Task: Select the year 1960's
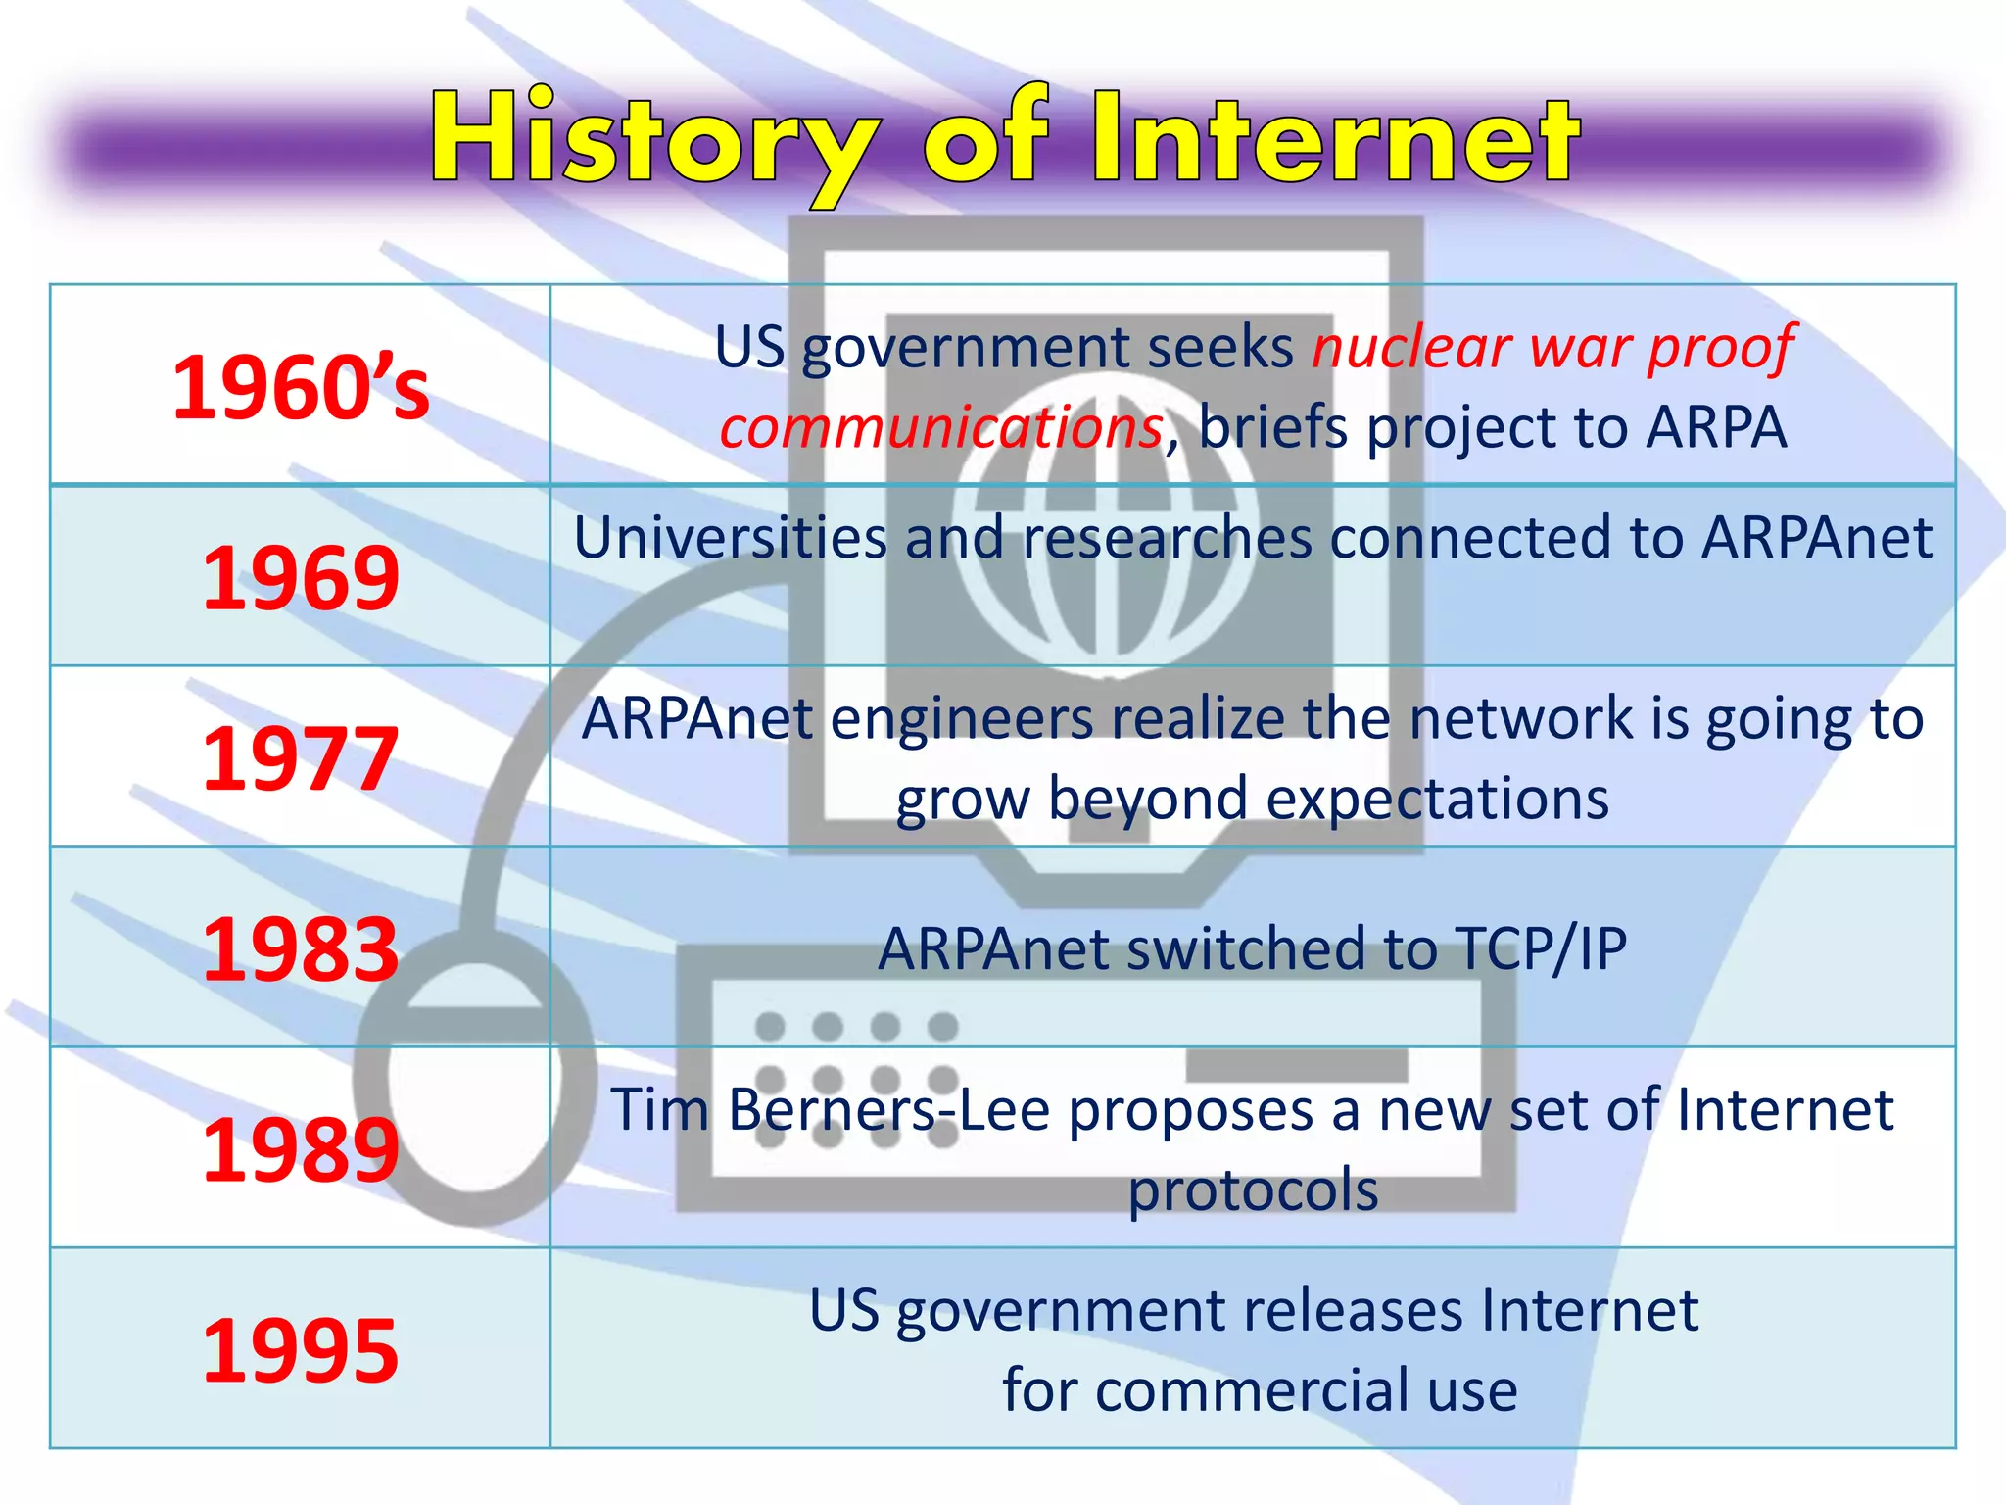301,388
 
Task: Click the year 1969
301,578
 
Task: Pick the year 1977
301,758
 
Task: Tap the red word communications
941,428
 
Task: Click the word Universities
729,538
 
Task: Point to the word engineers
961,719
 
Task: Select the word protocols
1253,1190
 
